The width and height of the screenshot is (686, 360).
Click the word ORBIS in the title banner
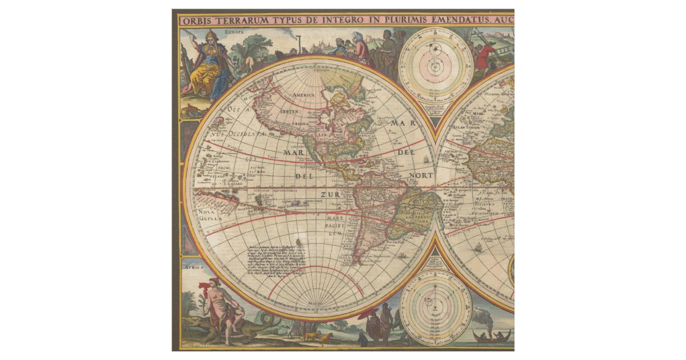[x=197, y=21]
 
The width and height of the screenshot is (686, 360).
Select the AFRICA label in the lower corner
[x=193, y=266]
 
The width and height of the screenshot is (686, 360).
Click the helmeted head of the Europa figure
[x=210, y=37]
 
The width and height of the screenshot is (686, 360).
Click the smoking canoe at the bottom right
[x=492, y=335]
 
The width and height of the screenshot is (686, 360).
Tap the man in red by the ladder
[x=487, y=55]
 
